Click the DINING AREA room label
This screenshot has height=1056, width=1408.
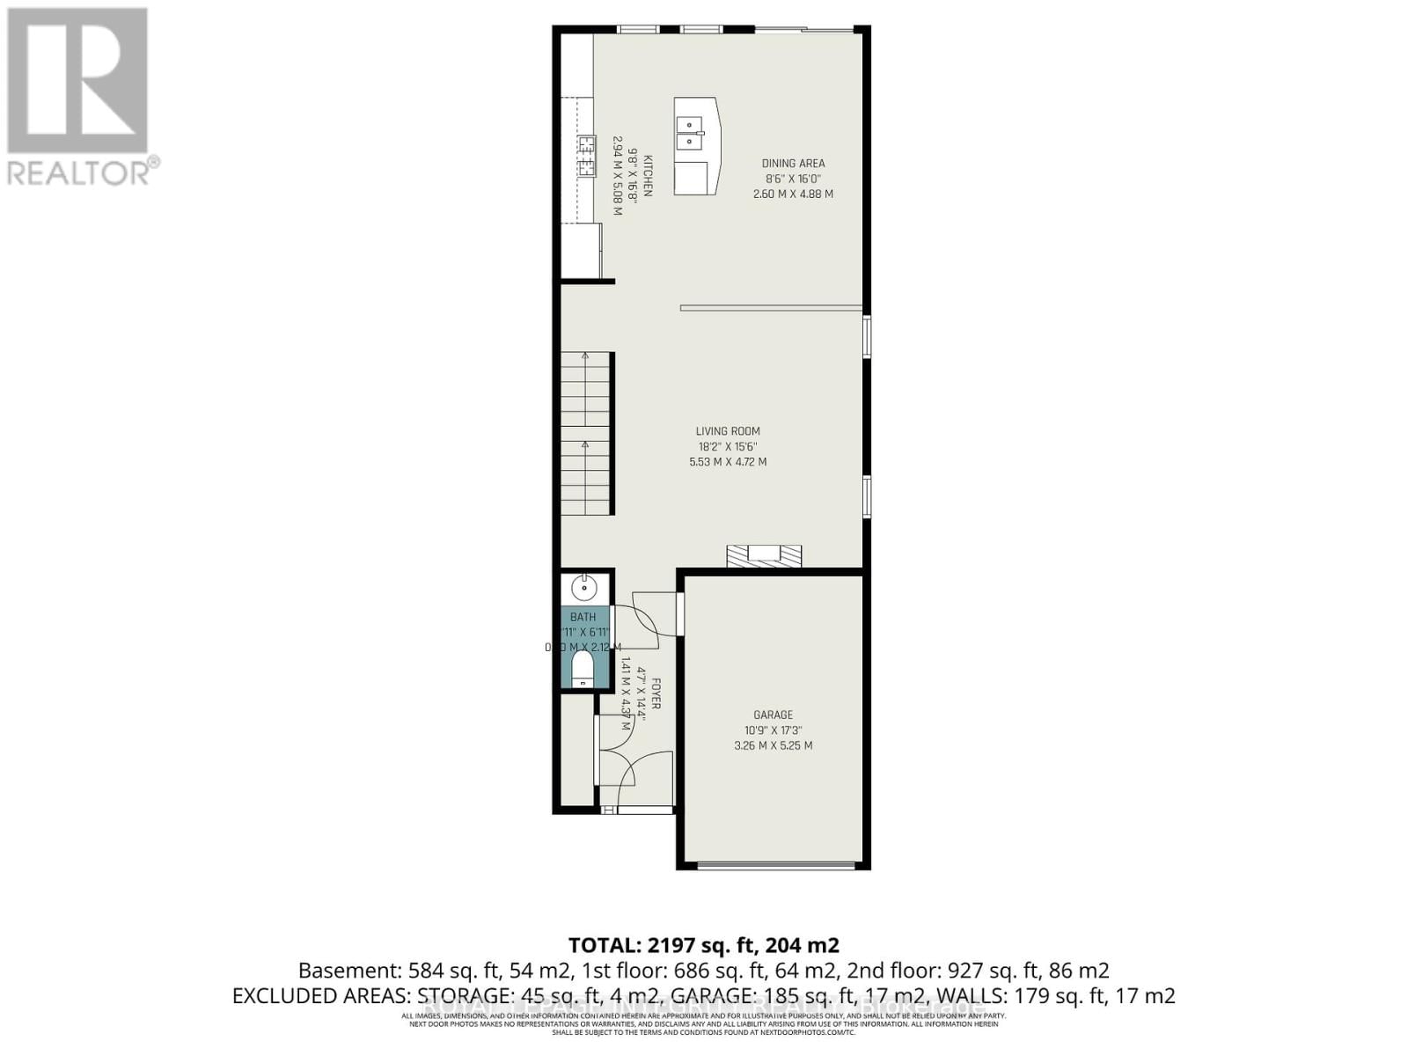pyautogui.click(x=793, y=164)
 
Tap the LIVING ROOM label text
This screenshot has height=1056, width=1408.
pyautogui.click(x=728, y=431)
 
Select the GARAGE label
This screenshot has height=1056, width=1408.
pyautogui.click(x=773, y=715)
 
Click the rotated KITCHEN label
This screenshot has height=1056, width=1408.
pyautogui.click(x=648, y=176)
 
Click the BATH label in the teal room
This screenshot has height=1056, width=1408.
pyautogui.click(x=583, y=617)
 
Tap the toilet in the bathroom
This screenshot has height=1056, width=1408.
pyautogui.click(x=583, y=669)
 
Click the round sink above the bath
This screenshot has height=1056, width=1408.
pyautogui.click(x=583, y=587)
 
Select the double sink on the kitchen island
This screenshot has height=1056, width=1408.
pyautogui.click(x=690, y=133)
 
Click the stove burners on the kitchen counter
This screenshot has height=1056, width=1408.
pyautogui.click(x=586, y=156)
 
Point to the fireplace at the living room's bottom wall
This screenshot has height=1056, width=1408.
pyautogui.click(x=764, y=555)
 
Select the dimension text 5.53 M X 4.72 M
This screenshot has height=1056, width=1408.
pyautogui.click(x=728, y=462)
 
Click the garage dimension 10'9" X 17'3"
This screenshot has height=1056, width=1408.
pyautogui.click(x=773, y=730)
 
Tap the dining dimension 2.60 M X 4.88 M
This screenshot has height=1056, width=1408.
pyautogui.click(x=793, y=194)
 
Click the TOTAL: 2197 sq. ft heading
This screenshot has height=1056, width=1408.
pyautogui.click(x=703, y=945)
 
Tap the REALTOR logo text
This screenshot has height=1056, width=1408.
pyautogui.click(x=79, y=172)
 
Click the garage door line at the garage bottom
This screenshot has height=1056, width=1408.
pyautogui.click(x=775, y=866)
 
